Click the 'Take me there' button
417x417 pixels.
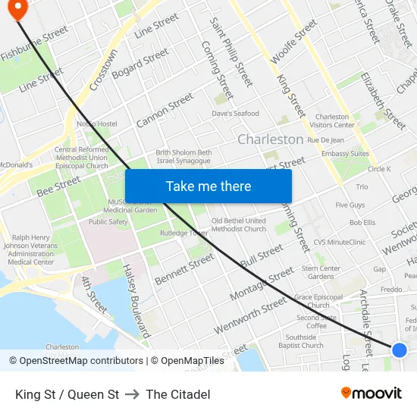[x=208, y=187]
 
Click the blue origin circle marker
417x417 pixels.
[x=400, y=350]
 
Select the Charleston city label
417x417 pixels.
[x=270, y=140]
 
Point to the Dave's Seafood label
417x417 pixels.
[x=235, y=114]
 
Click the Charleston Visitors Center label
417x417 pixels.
[x=334, y=121]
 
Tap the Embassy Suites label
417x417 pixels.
[x=345, y=154]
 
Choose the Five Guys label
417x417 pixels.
[x=350, y=205]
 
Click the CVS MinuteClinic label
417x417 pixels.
[x=340, y=243]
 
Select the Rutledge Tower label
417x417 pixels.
[x=189, y=233]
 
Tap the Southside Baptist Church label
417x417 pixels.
[x=302, y=341]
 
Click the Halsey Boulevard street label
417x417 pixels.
[x=138, y=300]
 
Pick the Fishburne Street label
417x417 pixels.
[x=35, y=44]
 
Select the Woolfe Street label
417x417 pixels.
[x=293, y=42]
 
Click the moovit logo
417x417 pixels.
[x=371, y=393]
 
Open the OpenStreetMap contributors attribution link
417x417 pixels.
[x=81, y=361]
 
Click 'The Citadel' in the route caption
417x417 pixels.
[x=178, y=394]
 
